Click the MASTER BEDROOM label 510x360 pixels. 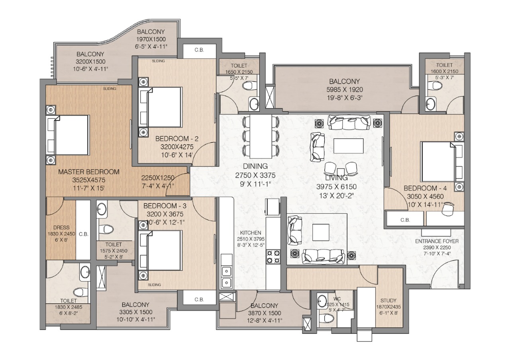[x=89, y=172]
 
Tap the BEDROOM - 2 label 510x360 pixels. [x=177, y=139]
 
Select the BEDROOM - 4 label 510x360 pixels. [x=426, y=188]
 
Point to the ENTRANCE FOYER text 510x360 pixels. [x=437, y=241]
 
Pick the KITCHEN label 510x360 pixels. [x=251, y=233]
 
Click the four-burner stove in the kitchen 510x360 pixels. [x=273, y=256]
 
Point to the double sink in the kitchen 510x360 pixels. [x=227, y=277]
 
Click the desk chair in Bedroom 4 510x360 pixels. [x=449, y=207]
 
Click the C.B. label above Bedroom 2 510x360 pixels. [x=199, y=50]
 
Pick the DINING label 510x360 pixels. [x=255, y=167]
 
